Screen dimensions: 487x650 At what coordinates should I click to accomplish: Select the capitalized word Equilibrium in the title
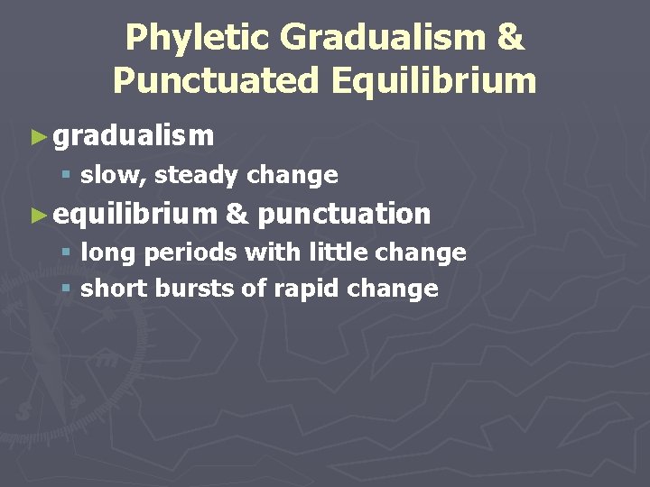point(432,80)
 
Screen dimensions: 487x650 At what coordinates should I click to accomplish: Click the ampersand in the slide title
point(510,38)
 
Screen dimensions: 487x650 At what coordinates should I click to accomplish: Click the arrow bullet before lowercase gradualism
point(37,137)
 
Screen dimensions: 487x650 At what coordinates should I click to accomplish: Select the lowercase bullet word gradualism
point(134,136)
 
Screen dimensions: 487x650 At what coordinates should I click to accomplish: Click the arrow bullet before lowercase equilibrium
point(37,215)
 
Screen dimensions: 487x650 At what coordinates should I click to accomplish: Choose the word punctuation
point(344,215)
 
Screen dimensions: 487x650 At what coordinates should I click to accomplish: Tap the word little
point(337,253)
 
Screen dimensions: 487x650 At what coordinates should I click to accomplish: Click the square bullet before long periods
point(66,253)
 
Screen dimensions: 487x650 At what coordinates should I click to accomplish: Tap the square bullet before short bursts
point(66,289)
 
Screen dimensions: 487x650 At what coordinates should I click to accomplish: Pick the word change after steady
point(292,175)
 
